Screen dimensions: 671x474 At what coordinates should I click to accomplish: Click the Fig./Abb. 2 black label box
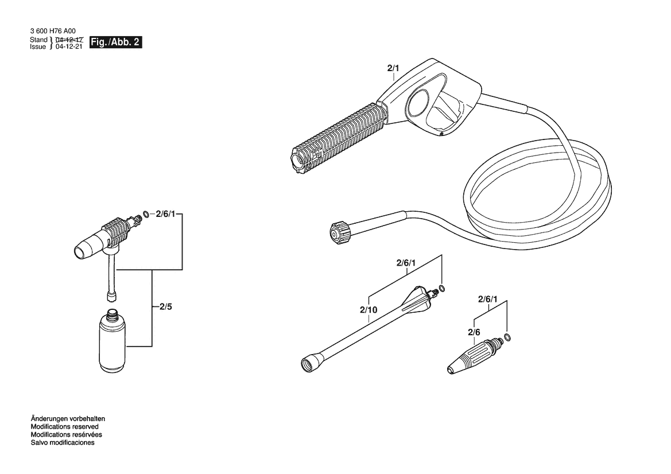click(115, 42)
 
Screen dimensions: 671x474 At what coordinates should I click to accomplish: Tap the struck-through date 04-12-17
click(69, 40)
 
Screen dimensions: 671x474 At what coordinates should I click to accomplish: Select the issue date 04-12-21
click(69, 46)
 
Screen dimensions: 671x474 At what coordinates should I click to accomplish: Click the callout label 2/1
click(393, 68)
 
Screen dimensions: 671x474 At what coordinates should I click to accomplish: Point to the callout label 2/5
click(166, 307)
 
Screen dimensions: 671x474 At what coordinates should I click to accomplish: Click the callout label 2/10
click(369, 310)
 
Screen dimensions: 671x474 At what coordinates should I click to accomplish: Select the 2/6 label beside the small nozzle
click(474, 332)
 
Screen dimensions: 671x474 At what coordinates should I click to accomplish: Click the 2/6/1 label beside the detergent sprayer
click(166, 214)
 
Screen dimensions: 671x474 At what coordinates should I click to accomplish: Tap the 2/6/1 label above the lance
click(406, 263)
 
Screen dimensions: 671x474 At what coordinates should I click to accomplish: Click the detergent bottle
click(114, 340)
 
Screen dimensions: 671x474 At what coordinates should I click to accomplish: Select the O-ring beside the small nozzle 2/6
click(507, 337)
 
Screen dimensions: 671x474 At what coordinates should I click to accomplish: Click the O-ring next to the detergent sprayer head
click(146, 213)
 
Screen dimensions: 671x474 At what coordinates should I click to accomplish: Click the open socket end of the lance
click(309, 363)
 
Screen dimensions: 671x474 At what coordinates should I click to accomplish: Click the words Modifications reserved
click(65, 426)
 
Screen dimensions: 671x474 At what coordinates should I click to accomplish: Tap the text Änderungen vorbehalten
click(68, 418)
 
